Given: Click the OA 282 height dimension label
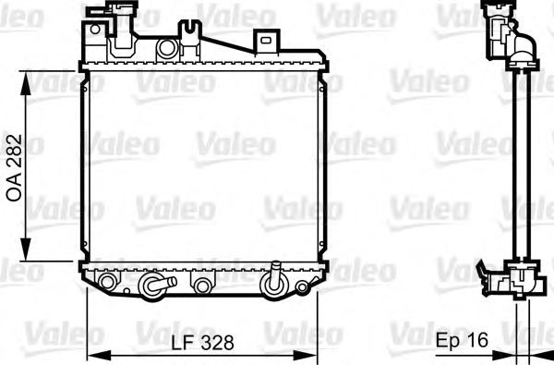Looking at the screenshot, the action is pyautogui.click(x=15, y=168).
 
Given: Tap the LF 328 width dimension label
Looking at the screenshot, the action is pyautogui.click(x=203, y=342).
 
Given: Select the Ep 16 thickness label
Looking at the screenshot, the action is pyautogui.click(x=462, y=340).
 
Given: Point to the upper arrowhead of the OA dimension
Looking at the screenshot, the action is pyautogui.click(x=26, y=83).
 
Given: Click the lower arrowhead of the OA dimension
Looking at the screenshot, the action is pyautogui.click(x=26, y=249).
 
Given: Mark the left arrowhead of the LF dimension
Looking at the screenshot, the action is pyautogui.click(x=99, y=357).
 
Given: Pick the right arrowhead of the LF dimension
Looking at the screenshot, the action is pyautogui.click(x=306, y=357).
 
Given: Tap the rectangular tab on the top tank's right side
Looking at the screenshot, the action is pyautogui.click(x=266, y=41).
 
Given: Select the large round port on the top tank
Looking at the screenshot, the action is pyautogui.click(x=167, y=48).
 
